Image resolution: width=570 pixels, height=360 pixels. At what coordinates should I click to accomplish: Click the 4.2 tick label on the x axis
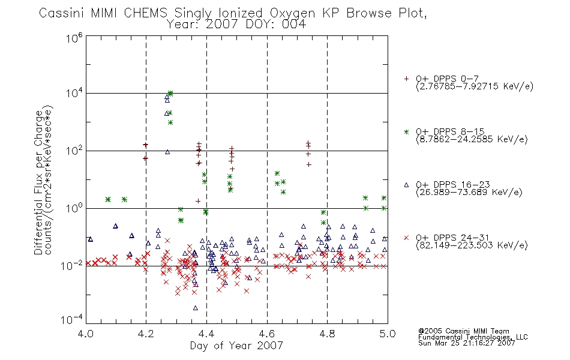point(146,334)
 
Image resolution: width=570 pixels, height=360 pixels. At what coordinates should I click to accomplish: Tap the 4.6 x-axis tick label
point(267,334)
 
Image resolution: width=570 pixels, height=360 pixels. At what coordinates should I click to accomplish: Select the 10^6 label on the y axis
point(74,37)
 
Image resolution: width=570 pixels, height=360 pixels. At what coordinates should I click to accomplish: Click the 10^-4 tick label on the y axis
point(73,320)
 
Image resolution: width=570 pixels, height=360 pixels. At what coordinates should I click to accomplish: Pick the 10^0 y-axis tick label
point(74,208)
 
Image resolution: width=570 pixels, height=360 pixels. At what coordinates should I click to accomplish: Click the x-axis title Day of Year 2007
point(236,346)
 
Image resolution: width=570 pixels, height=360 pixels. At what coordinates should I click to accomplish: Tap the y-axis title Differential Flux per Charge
point(38,182)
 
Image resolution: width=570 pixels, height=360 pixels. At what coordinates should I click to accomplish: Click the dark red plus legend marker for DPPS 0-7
point(406,79)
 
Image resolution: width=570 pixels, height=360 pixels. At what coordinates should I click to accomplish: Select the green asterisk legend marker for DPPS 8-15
point(406,131)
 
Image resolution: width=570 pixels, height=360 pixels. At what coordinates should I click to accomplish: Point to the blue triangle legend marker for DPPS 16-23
point(406,185)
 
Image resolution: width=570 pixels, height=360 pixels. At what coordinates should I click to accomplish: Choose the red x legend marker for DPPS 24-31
point(406,238)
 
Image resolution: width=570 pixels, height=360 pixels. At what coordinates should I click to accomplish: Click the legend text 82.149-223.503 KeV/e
point(472,245)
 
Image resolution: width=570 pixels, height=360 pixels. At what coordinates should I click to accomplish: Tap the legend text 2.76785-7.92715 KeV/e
point(475,86)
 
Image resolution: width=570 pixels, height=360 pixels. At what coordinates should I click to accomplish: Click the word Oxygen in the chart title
point(292,13)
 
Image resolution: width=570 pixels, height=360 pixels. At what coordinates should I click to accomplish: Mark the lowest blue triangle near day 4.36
point(195,308)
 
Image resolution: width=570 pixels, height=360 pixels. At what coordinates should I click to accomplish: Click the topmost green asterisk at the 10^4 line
point(170,93)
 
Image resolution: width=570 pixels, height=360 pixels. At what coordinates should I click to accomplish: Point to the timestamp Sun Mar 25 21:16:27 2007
point(466,343)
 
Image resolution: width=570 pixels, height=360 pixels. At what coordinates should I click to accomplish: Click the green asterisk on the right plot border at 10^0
point(384,208)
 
